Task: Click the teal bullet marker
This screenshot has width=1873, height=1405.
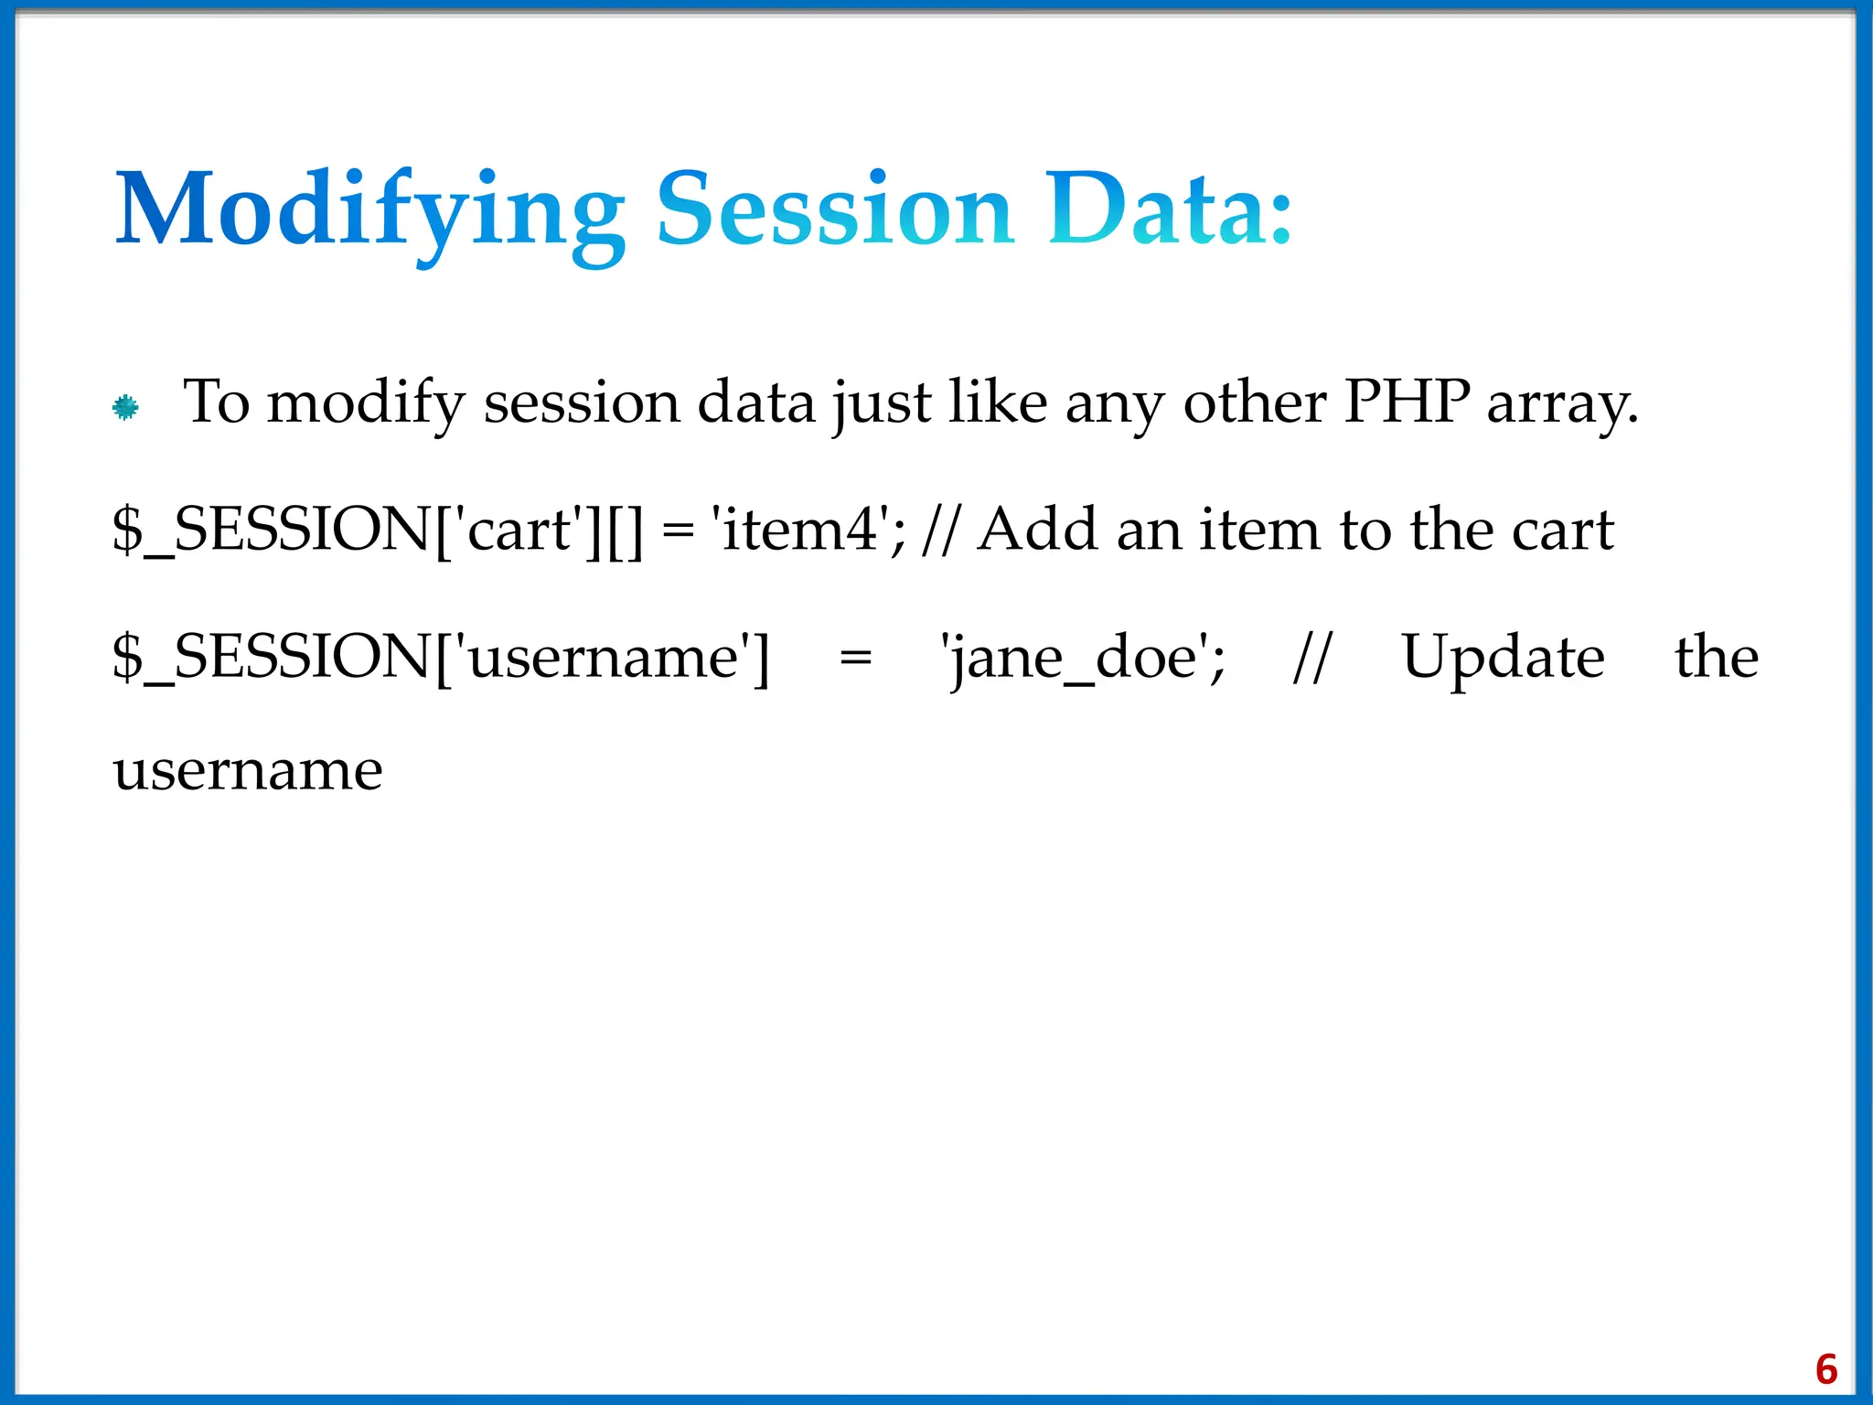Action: pyautogui.click(x=126, y=407)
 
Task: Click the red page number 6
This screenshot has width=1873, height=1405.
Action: pyautogui.click(x=1826, y=1369)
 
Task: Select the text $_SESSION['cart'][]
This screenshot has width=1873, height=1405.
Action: pyautogui.click(x=378, y=530)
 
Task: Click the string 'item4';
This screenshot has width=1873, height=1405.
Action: pyautogui.click(x=808, y=530)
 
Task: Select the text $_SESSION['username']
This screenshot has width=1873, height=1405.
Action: pyautogui.click(x=441, y=658)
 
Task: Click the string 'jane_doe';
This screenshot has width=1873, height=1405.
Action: pyautogui.click(x=1083, y=658)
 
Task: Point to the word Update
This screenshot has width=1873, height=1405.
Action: pyautogui.click(x=1503, y=658)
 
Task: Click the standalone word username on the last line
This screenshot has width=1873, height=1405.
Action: pyautogui.click(x=248, y=771)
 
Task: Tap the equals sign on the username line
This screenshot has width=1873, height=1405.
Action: pyautogui.click(x=855, y=659)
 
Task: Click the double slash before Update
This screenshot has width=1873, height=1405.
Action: pyautogui.click(x=1313, y=658)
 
